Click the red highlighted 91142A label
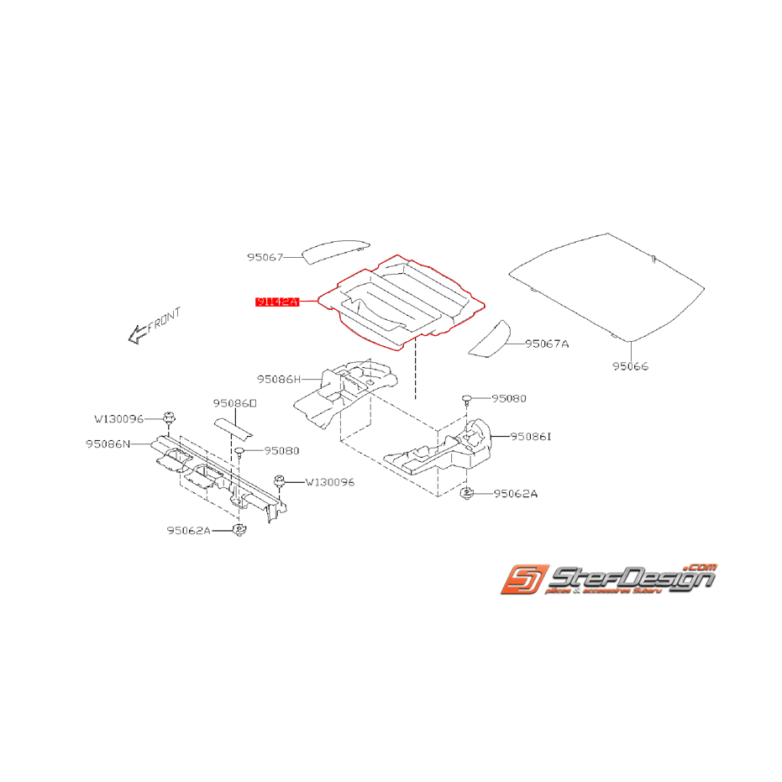point(277,300)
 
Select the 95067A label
point(547,344)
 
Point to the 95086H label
point(278,380)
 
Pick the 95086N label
point(107,444)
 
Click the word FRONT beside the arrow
point(163,320)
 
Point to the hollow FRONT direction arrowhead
point(134,336)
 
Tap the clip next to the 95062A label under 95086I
point(466,494)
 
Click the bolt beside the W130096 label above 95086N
point(169,418)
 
